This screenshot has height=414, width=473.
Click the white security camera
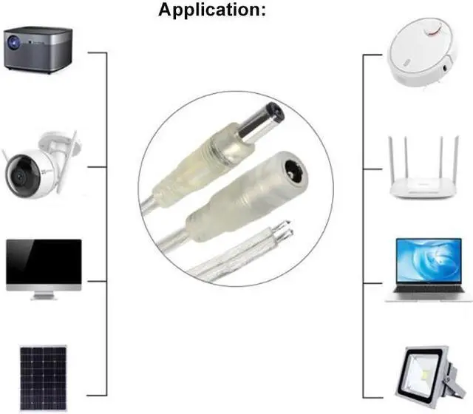pyautogui.click(x=38, y=166)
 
